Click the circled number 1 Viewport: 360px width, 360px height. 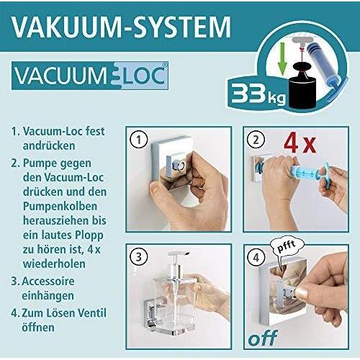(x=140, y=140)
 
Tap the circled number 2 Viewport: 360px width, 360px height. (x=254, y=140)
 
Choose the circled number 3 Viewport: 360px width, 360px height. (x=140, y=256)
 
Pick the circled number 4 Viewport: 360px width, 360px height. (x=255, y=255)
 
